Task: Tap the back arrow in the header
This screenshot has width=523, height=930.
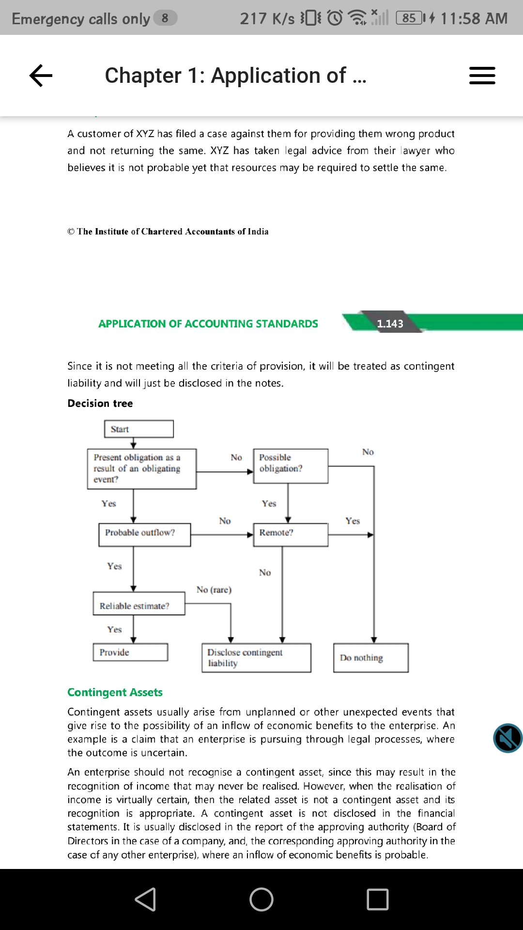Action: [x=41, y=76]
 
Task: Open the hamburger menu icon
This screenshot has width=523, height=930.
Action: [x=482, y=76]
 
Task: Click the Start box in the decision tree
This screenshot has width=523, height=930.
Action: [x=138, y=429]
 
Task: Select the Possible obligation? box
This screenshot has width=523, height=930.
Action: [x=291, y=465]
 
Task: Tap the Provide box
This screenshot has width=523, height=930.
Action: [x=130, y=652]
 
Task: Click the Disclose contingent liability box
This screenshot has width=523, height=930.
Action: [x=256, y=657]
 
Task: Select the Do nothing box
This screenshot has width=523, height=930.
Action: [x=370, y=657]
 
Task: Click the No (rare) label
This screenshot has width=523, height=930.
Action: [x=214, y=589]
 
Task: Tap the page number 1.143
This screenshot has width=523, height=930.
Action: [x=390, y=324]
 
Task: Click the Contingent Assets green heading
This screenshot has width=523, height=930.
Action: [x=115, y=692]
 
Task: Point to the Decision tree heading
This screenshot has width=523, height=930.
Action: [x=100, y=403]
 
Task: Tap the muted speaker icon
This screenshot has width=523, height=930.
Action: [x=508, y=738]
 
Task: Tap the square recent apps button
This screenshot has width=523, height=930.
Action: [x=378, y=899]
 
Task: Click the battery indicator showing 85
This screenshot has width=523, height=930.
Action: [x=410, y=18]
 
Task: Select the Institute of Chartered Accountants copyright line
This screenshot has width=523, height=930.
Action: [x=168, y=232]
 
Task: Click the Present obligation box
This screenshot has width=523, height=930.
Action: [x=142, y=468]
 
